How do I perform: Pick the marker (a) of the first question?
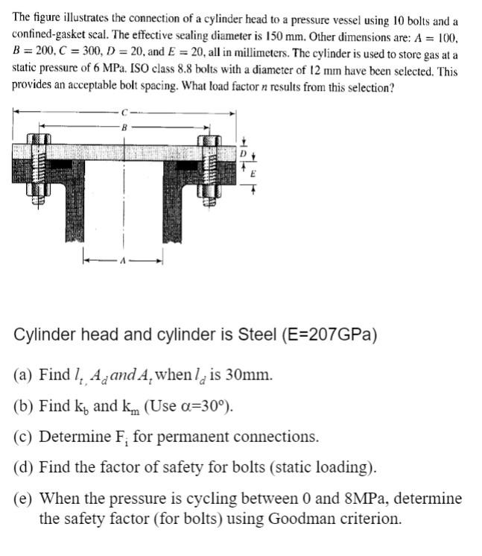(x=25, y=373)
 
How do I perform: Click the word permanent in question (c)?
(x=193, y=436)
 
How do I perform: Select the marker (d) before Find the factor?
(x=25, y=467)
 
